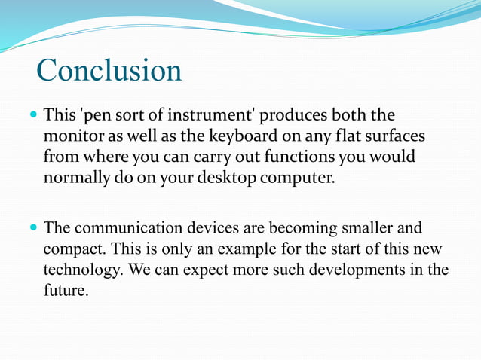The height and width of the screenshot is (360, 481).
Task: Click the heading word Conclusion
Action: coord(109,70)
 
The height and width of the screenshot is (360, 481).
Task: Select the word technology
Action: coord(81,270)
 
